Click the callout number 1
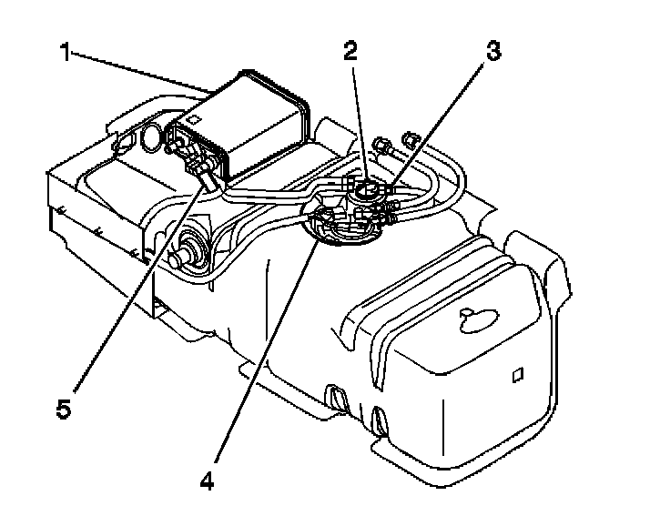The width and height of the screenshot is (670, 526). click(65, 53)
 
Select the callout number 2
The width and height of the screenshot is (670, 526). click(350, 51)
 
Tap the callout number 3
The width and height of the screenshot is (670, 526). click(492, 51)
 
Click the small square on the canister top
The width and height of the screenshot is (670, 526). click(195, 118)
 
